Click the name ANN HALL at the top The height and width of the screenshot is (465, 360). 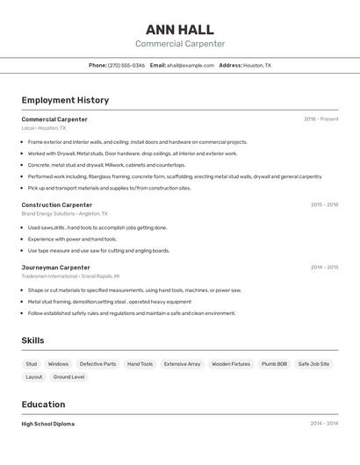click(x=179, y=29)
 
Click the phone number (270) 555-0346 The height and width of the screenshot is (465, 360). click(x=126, y=66)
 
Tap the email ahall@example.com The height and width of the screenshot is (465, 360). click(x=191, y=66)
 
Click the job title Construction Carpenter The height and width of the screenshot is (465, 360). click(x=57, y=204)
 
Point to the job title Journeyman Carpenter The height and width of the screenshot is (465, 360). click(x=56, y=268)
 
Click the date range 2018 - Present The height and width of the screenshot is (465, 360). click(x=320, y=119)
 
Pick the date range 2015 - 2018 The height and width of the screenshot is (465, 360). click(x=324, y=204)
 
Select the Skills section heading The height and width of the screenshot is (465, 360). click(x=32, y=340)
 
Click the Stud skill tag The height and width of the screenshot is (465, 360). click(x=32, y=364)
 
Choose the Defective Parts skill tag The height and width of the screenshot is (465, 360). click(x=97, y=364)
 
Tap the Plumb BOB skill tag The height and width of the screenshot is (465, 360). click(x=274, y=364)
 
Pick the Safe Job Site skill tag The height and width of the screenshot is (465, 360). click(x=313, y=364)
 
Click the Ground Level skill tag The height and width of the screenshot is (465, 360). click(x=68, y=377)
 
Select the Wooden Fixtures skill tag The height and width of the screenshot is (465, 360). click(x=231, y=364)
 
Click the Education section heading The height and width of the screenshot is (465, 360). click(x=43, y=404)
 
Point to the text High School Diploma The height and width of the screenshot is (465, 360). click(x=48, y=424)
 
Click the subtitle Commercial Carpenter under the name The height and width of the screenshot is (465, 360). click(x=179, y=44)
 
